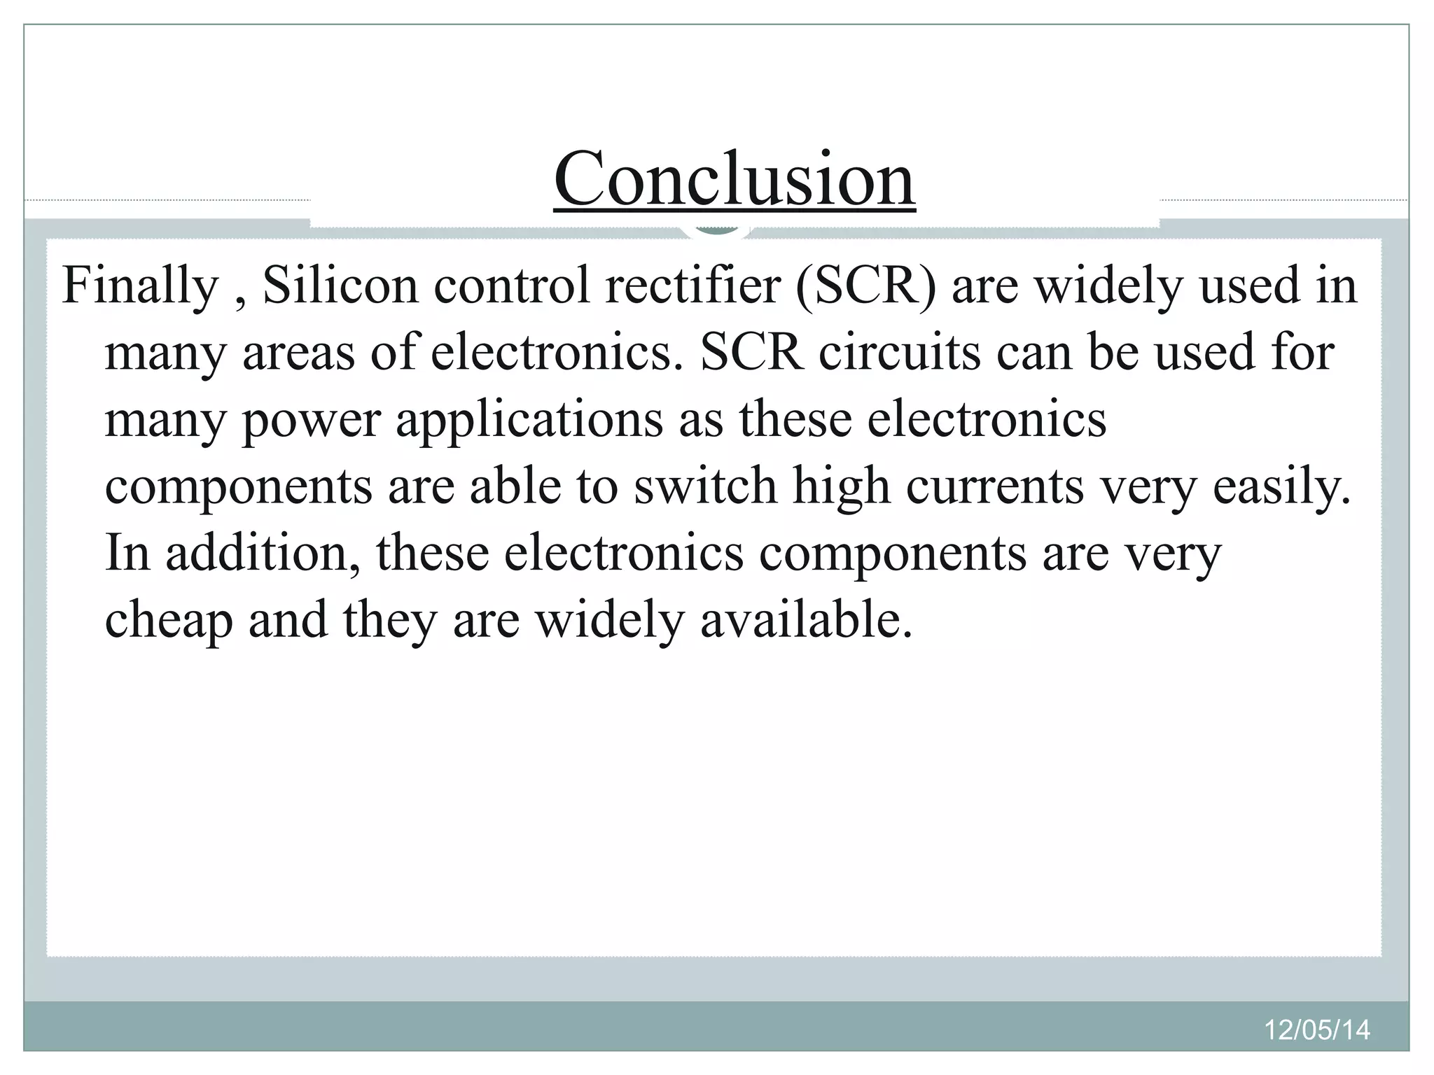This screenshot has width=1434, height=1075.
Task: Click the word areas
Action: [299, 353]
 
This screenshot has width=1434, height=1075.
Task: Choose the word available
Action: [806, 620]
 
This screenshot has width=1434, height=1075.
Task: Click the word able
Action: [515, 486]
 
